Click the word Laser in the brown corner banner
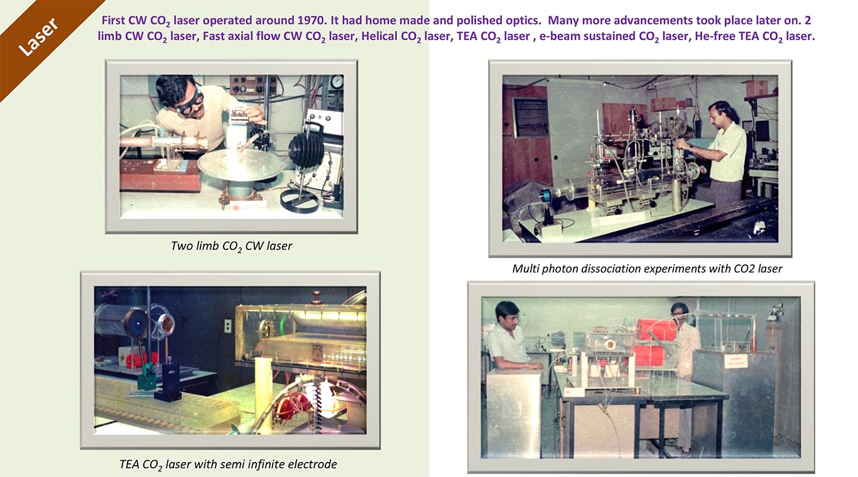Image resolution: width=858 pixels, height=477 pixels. pyautogui.click(x=39, y=37)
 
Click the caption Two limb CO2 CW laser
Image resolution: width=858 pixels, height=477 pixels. pyautogui.click(x=231, y=246)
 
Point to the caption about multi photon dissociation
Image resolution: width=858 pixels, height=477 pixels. pyautogui.click(x=647, y=269)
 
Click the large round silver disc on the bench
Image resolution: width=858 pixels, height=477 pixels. pyautogui.click(x=240, y=164)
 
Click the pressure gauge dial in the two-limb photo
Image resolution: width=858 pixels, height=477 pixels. pyautogui.click(x=337, y=82)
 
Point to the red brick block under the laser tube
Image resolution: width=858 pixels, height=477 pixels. pyautogui.click(x=160, y=175)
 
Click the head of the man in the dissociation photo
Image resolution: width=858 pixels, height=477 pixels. pyautogui.click(x=722, y=113)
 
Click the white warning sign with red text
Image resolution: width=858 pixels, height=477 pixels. pyautogui.click(x=736, y=361)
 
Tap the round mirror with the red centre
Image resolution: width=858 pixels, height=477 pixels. pyautogui.click(x=167, y=324)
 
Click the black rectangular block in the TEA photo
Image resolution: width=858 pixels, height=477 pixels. pyautogui.click(x=168, y=382)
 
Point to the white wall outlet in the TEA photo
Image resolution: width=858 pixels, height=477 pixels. pyautogui.click(x=227, y=326)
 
